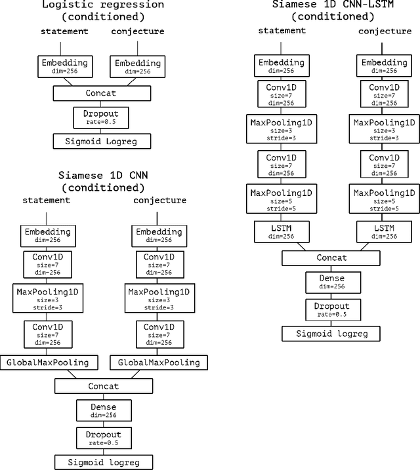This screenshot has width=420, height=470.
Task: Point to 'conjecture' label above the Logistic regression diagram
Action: pyautogui.click(x=137, y=31)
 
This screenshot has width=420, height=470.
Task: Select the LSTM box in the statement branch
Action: pyautogui.click(x=273, y=231)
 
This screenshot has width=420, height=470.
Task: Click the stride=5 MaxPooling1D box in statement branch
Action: pyautogui.click(x=273, y=199)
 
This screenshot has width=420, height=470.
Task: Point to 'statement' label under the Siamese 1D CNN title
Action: pyautogui.click(x=47, y=199)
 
